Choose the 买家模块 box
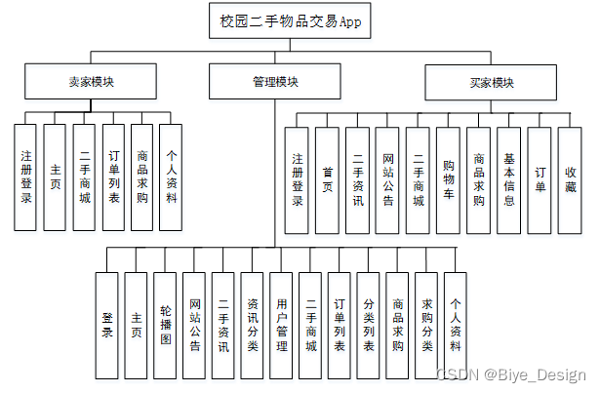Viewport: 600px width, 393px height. (x=483, y=83)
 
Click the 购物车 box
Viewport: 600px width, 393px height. (x=448, y=179)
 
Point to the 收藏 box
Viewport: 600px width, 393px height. (x=570, y=179)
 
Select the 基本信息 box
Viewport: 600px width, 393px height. (x=509, y=179)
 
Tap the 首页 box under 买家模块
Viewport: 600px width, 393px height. (x=328, y=179)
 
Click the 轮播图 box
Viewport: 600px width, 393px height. (x=165, y=325)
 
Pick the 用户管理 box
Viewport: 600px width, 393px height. (x=281, y=325)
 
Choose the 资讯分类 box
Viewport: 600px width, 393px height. (x=252, y=325)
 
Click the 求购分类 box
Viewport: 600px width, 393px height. (x=425, y=325)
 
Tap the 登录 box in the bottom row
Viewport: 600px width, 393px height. (x=107, y=325)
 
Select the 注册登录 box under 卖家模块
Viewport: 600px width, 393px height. (x=26, y=177)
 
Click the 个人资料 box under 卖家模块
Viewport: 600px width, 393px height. (x=171, y=177)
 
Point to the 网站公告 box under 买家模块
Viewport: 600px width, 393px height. (x=388, y=179)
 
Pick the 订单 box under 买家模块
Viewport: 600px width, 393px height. (x=540, y=179)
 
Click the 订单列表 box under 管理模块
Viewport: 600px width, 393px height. (x=339, y=325)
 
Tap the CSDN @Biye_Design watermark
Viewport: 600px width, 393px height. (x=510, y=375)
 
